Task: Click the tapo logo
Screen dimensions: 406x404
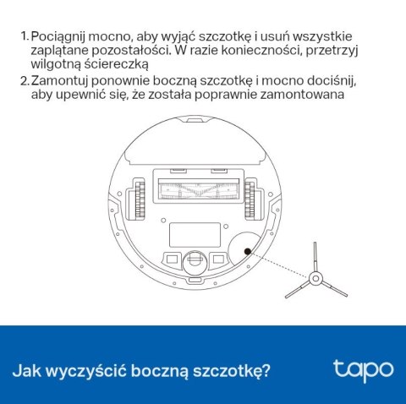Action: [x=363, y=370]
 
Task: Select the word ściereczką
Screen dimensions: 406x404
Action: [x=116, y=64]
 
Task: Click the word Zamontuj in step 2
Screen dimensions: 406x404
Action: [x=59, y=81]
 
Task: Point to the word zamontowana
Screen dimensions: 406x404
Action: [x=302, y=95]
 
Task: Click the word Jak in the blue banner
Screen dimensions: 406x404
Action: [x=27, y=370]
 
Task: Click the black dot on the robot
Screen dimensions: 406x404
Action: [x=248, y=251]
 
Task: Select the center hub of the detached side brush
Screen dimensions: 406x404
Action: [x=315, y=279]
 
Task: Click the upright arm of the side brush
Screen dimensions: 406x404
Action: [x=315, y=257]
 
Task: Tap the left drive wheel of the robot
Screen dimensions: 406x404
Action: [x=140, y=199]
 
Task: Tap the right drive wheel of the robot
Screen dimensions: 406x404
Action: [x=250, y=199]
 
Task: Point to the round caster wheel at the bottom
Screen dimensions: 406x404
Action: [x=195, y=263]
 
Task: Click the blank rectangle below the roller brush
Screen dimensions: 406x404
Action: [x=195, y=235]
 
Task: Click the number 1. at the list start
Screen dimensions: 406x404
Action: [x=25, y=36]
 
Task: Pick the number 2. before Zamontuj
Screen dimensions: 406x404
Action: [x=25, y=81]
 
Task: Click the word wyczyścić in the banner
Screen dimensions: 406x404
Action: [x=86, y=371]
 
